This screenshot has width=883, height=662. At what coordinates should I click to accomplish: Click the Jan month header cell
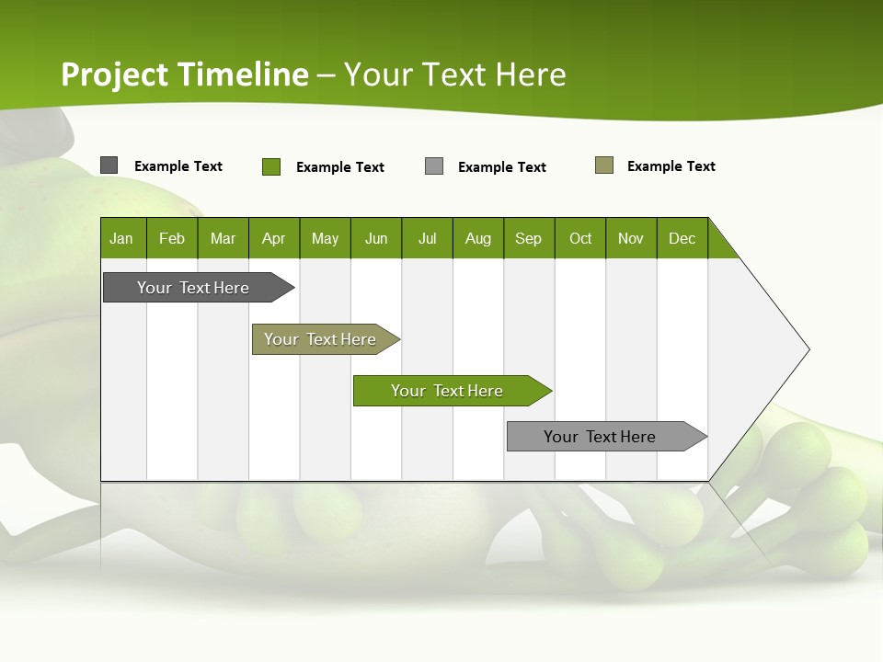[122, 238]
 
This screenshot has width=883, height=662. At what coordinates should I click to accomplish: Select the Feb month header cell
[172, 238]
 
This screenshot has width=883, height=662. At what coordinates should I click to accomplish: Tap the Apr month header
[273, 238]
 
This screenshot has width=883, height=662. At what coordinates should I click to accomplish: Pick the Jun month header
[376, 238]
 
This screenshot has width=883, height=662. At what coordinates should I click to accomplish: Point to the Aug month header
[477, 238]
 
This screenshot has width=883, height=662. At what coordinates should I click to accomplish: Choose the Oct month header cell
[580, 238]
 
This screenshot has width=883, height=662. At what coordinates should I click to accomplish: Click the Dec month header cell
[682, 238]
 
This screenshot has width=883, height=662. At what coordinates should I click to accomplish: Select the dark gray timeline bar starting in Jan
[194, 288]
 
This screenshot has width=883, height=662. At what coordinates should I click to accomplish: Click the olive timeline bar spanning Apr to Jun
[321, 339]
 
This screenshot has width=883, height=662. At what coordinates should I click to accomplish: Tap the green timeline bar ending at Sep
[448, 391]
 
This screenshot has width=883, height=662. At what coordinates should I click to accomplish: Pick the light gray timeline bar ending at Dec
[601, 437]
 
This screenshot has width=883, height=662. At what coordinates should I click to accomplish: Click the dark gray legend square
[109, 165]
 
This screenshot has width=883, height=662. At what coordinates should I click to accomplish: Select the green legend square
[270, 166]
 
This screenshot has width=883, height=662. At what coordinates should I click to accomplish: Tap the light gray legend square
[434, 166]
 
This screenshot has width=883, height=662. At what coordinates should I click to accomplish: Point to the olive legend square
[603, 165]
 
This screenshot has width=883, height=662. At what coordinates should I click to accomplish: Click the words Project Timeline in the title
[184, 74]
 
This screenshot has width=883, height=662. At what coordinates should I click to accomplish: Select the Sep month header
[528, 238]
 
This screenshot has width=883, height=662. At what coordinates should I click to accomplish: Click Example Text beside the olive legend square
[671, 166]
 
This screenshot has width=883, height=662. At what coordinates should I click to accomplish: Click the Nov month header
[631, 238]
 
